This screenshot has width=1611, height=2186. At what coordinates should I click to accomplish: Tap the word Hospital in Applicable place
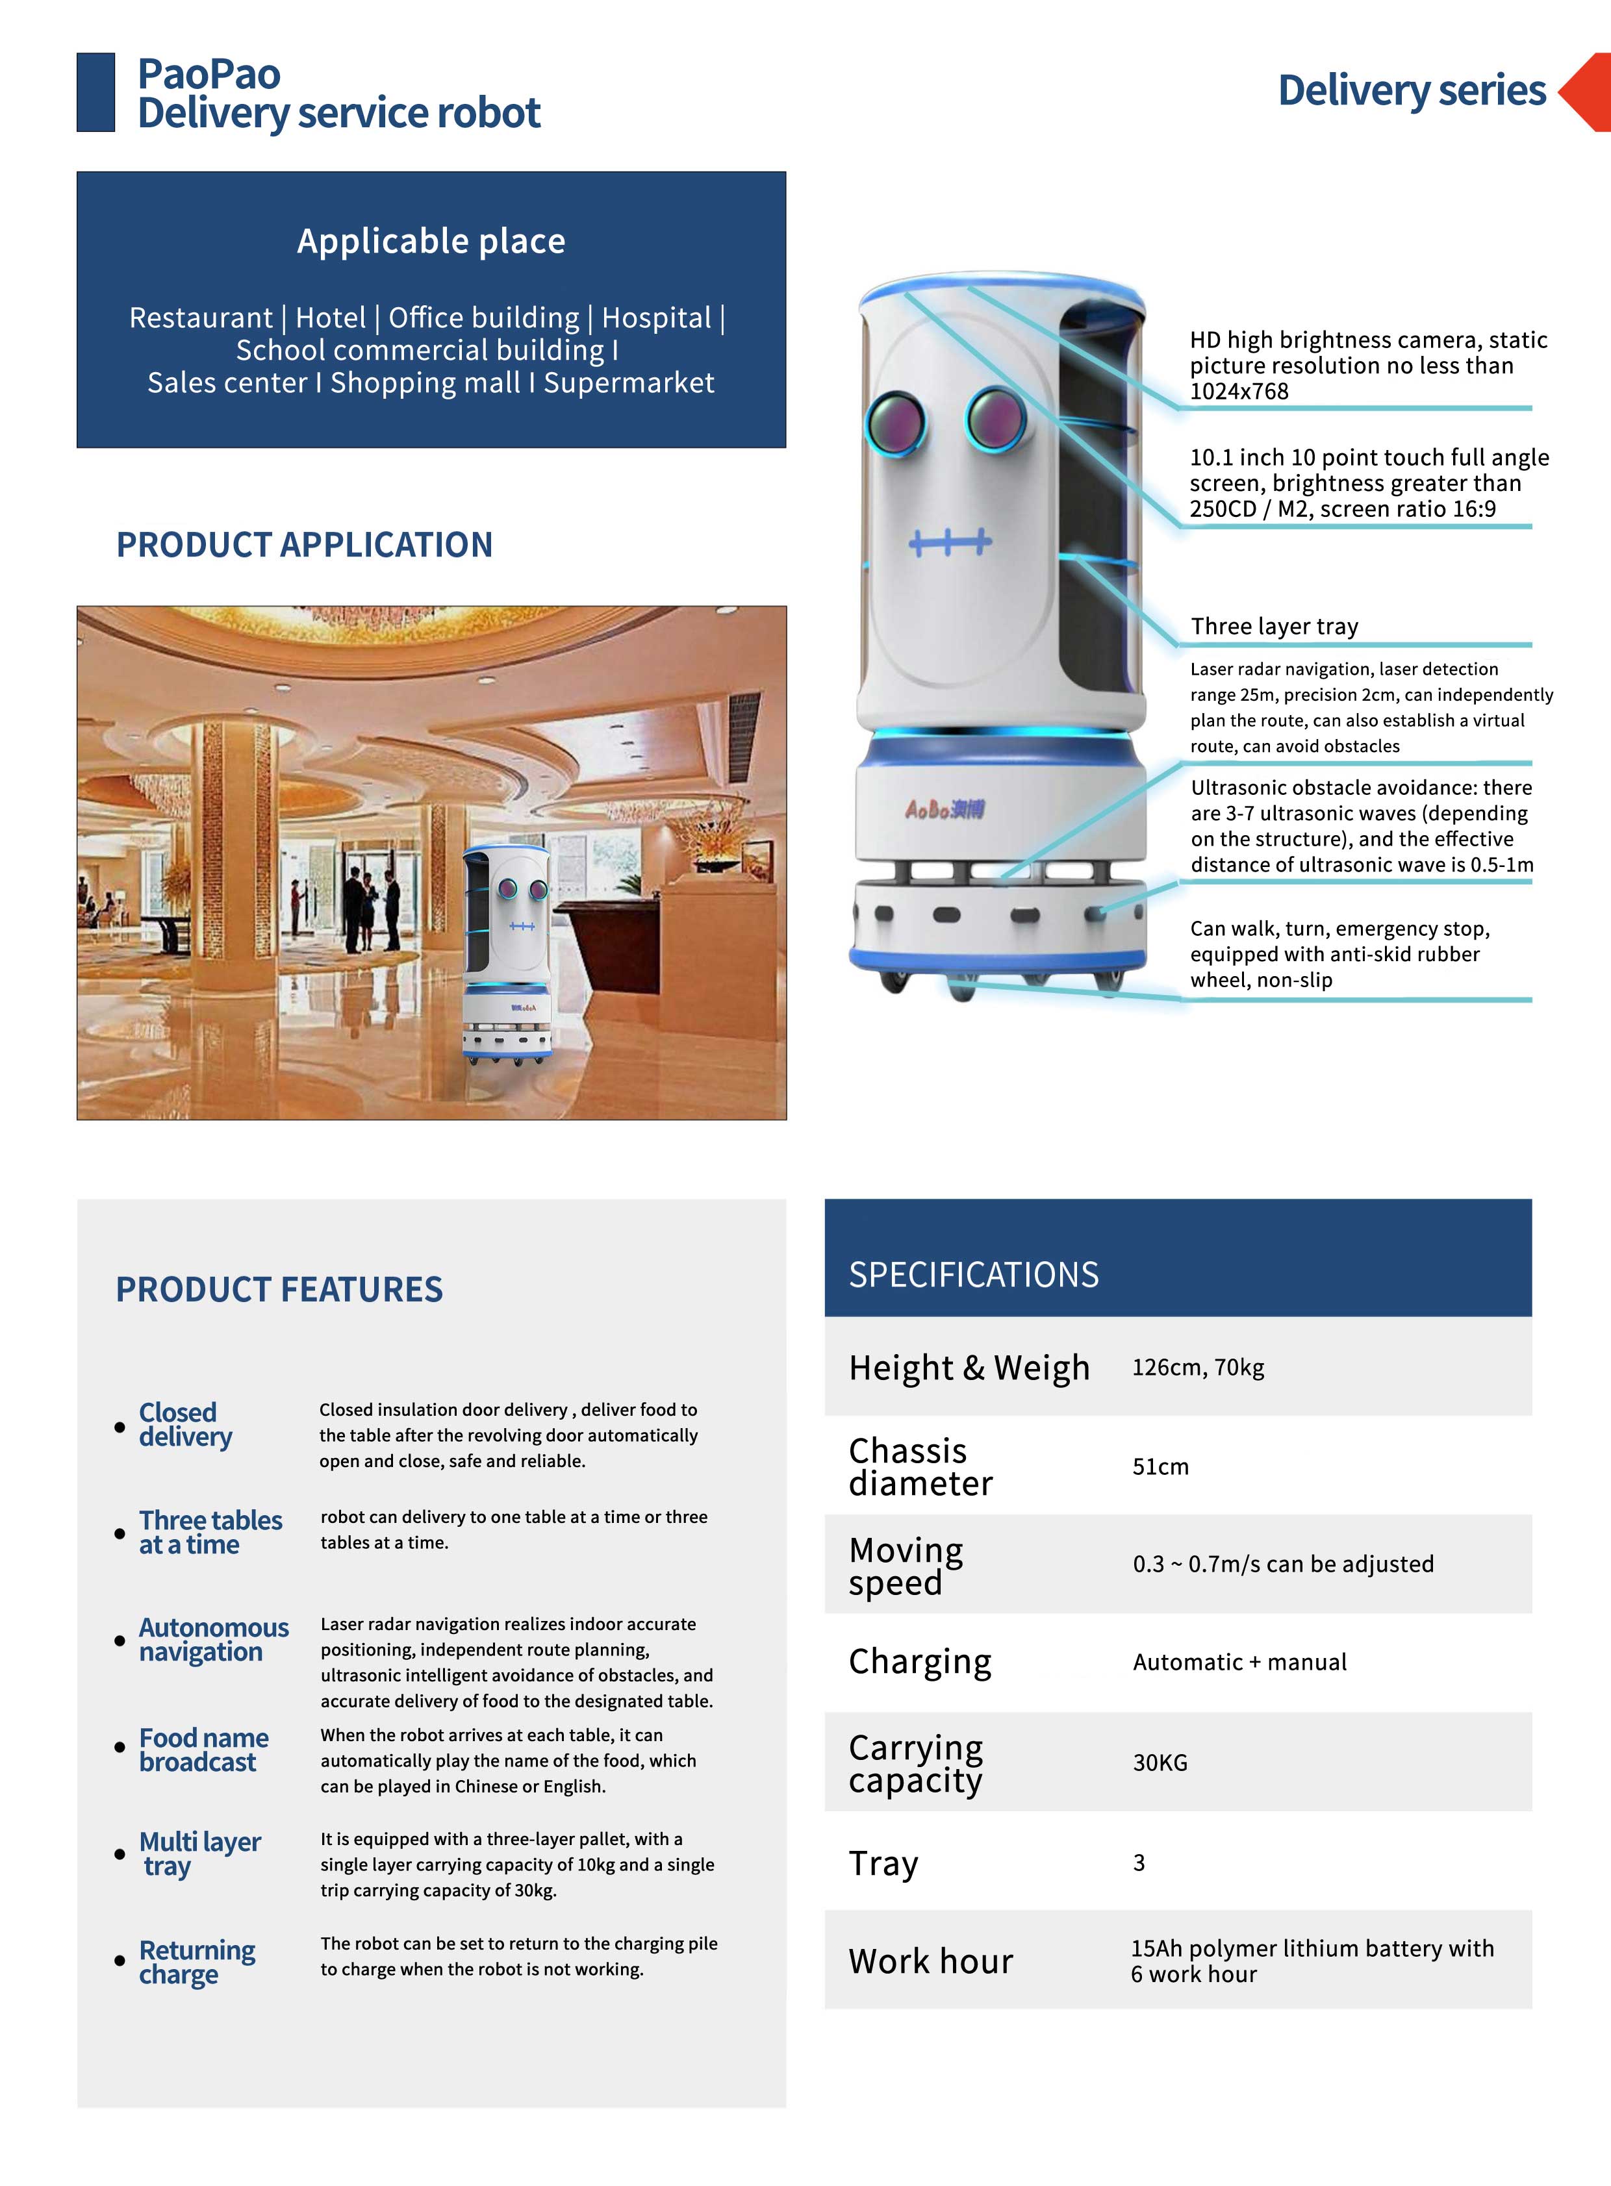[656, 318]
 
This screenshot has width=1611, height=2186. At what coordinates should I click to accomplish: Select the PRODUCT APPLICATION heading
[304, 545]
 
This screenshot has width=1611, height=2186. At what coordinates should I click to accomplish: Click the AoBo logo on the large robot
[944, 809]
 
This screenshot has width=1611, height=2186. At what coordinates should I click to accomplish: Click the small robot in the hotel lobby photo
[508, 953]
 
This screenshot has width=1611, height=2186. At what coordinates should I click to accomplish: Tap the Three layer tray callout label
[1274, 626]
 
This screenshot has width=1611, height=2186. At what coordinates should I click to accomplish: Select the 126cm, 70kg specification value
[1197, 1367]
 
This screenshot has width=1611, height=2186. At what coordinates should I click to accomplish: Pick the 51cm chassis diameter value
[1160, 1466]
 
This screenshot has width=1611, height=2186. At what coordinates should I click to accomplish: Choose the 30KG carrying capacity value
[1160, 1763]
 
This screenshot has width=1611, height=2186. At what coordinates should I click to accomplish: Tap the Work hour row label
[930, 1961]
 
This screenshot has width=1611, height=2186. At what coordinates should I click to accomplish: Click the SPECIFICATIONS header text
[973, 1274]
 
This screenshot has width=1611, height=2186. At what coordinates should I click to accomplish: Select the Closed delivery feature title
[185, 1424]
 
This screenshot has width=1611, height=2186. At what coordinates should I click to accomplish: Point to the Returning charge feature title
[197, 1962]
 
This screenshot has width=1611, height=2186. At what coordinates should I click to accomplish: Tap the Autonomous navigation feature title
[214, 1639]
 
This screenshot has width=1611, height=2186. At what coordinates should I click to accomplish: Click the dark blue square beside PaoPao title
[95, 93]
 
